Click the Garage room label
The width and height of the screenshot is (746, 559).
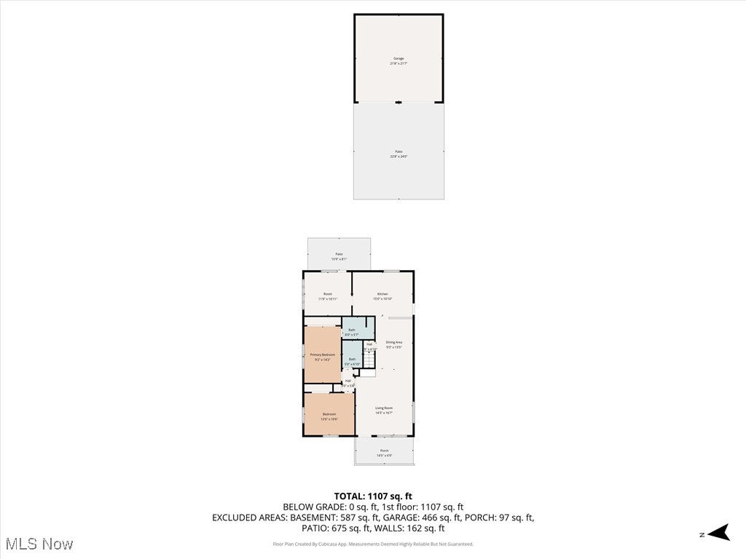click(398, 61)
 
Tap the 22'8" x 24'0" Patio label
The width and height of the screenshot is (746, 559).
click(398, 154)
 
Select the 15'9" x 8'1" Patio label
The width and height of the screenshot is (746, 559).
click(339, 256)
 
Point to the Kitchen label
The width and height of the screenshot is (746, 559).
click(382, 296)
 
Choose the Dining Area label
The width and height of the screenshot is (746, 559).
click(394, 344)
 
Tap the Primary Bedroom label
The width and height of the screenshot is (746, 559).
click(323, 357)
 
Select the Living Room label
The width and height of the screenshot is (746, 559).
click(384, 410)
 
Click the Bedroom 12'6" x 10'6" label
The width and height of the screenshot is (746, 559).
click(329, 416)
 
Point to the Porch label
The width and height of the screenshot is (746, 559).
click(384, 453)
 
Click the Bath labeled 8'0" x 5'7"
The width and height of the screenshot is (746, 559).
click(352, 332)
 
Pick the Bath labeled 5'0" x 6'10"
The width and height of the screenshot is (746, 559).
click(352, 360)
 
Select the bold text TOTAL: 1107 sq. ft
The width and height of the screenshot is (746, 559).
click(373, 496)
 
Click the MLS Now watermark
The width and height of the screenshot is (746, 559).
click(39, 544)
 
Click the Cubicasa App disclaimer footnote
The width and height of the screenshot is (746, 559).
click(373, 544)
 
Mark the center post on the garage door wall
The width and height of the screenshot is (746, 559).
click(398, 102)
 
